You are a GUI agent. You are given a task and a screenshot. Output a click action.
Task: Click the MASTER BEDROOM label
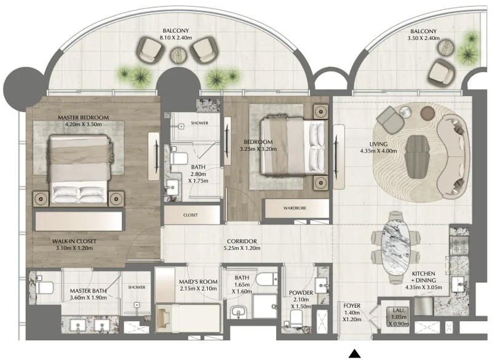[x=83, y=118]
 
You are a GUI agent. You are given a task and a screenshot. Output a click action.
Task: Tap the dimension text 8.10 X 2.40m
[x=175, y=38]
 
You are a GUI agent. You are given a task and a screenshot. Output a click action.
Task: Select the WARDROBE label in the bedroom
[x=295, y=209]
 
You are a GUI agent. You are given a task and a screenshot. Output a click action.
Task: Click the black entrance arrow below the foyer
[x=355, y=353]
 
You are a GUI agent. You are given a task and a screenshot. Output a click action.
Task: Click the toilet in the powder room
[x=296, y=318]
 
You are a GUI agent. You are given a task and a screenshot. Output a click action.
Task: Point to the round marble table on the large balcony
[x=180, y=55]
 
